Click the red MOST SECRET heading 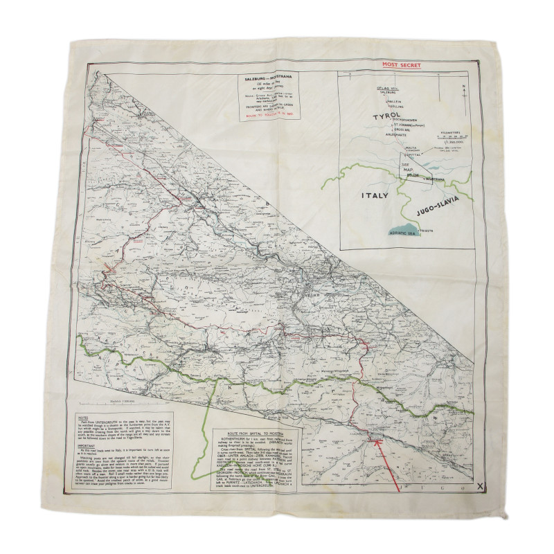tap(402, 65)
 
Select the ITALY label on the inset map tap(374, 195)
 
